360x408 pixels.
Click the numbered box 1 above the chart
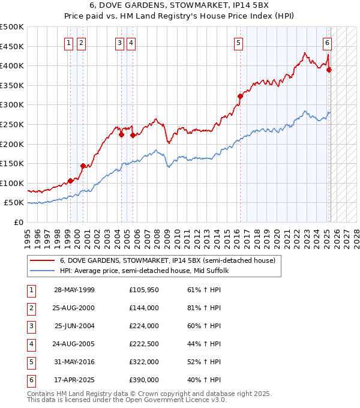click(x=70, y=43)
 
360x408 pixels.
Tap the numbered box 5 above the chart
click(x=239, y=43)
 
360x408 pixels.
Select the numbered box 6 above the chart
click(x=327, y=43)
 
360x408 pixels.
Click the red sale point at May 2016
click(x=240, y=96)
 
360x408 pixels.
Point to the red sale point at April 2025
click(x=329, y=70)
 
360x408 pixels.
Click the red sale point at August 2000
click(x=83, y=166)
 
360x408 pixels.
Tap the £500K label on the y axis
click(x=12, y=27)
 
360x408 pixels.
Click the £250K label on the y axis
click(x=12, y=124)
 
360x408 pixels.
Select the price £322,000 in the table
click(x=144, y=362)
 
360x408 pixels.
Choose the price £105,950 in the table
click(x=144, y=290)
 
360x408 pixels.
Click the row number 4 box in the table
click(x=30, y=344)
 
